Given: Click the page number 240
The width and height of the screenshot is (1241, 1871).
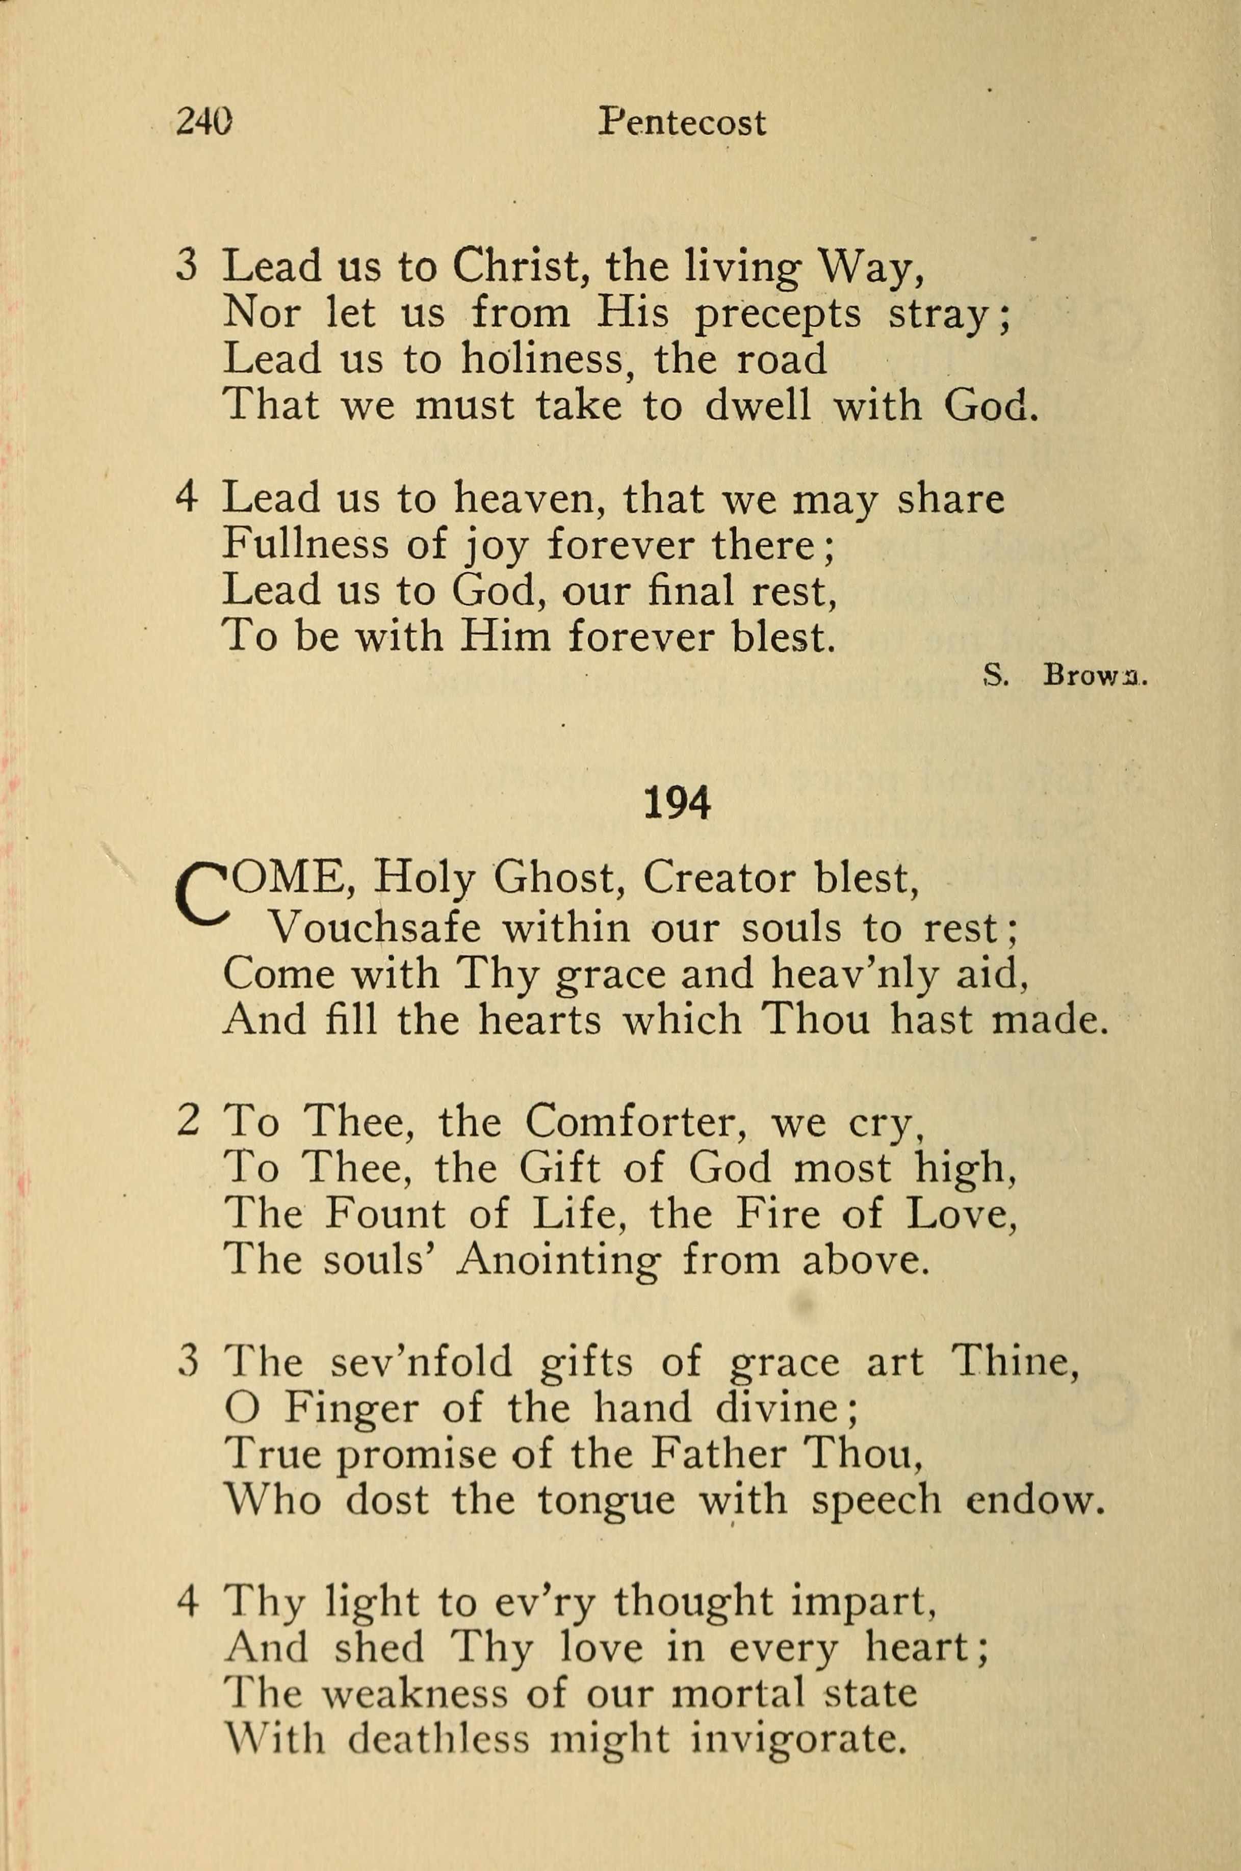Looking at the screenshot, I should (x=204, y=123).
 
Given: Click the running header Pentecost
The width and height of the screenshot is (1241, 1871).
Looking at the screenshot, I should (x=682, y=123).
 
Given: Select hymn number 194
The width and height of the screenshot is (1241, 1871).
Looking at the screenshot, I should (x=678, y=803).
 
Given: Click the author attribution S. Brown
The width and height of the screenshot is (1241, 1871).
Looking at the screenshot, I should (x=1064, y=676).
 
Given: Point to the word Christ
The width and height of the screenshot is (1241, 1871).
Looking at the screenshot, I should (x=519, y=268).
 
